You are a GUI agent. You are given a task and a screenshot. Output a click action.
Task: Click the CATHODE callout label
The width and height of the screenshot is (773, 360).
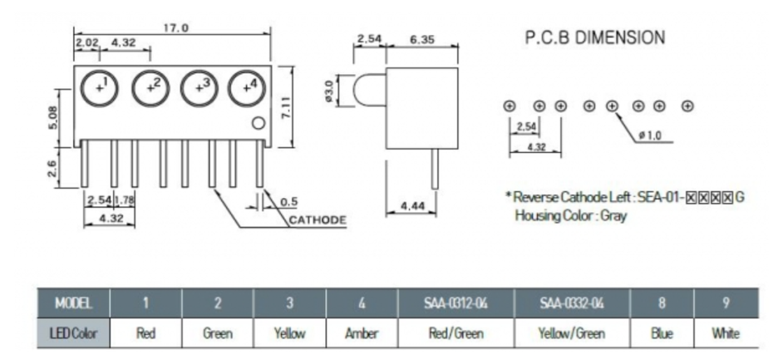coord(318,219)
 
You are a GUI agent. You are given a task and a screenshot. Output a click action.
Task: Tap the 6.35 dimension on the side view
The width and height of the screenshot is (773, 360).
coord(423,39)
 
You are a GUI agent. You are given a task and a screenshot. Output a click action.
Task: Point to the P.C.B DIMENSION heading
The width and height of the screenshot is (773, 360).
coord(595,37)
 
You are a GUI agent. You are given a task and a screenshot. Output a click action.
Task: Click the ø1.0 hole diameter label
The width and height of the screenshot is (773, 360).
coord(650,136)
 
